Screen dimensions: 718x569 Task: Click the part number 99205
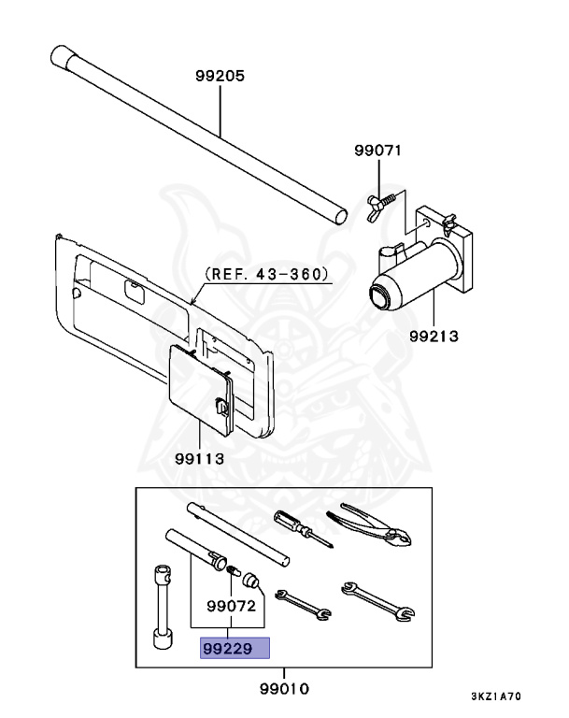point(220,77)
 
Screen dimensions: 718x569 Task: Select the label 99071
point(377,150)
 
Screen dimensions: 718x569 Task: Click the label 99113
point(201,458)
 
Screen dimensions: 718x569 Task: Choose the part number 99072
point(230,605)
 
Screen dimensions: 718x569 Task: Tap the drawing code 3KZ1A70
point(509,697)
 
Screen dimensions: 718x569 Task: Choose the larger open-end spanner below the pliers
point(377,599)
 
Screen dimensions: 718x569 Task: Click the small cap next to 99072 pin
point(250,579)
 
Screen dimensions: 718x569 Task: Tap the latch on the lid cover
point(220,408)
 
